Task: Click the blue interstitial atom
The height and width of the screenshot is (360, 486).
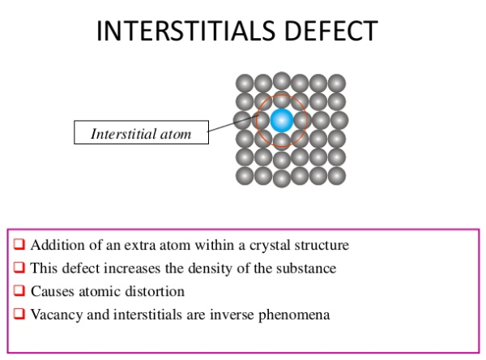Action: (281, 121)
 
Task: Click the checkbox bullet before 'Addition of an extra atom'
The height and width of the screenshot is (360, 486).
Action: (19, 244)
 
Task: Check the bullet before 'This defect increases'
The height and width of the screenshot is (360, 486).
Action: (19, 268)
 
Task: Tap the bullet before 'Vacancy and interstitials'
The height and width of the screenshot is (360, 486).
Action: (19, 314)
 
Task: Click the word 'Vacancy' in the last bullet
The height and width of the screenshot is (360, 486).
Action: (54, 314)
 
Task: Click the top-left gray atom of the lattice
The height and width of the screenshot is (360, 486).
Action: (245, 83)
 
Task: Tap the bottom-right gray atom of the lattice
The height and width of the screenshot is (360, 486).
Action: (337, 175)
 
